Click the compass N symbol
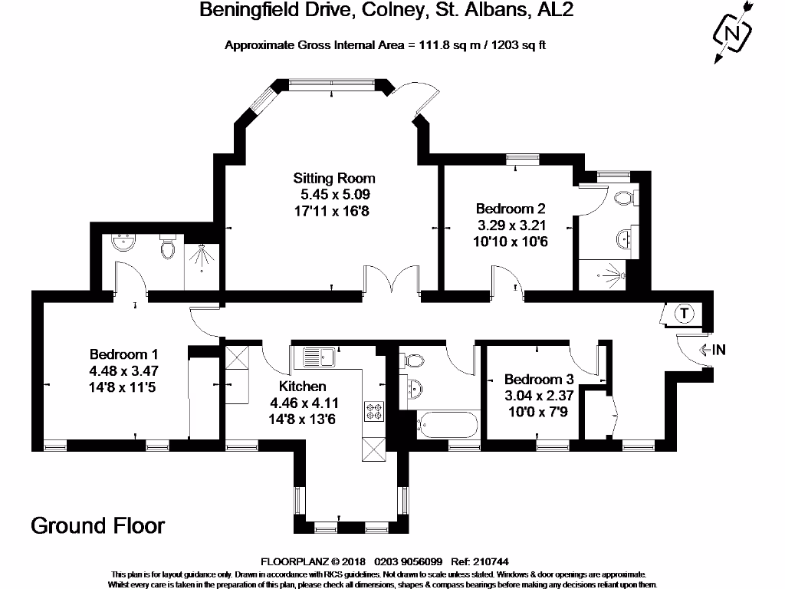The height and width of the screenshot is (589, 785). point(731,34)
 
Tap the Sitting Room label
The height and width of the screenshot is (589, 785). point(339,178)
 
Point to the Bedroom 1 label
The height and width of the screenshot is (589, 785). point(123,354)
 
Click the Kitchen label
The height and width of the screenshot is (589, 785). point(302,386)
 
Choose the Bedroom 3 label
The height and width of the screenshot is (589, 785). point(538,380)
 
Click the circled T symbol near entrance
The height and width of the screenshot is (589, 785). point(684,313)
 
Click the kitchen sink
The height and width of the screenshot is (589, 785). point(320,357)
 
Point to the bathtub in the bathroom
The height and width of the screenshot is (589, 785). point(448,424)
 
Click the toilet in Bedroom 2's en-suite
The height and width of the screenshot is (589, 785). point(625,199)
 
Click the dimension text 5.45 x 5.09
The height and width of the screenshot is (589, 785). point(338,194)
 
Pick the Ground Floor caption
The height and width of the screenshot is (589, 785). point(97,525)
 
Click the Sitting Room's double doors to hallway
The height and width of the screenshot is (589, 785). point(392,279)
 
